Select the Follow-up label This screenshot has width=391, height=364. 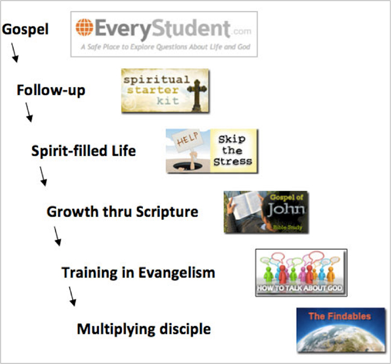(x=51, y=90)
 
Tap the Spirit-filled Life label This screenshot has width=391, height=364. (x=84, y=151)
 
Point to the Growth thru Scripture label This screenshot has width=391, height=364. (x=122, y=212)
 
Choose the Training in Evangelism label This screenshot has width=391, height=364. (x=138, y=272)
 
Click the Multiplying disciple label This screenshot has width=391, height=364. (x=144, y=329)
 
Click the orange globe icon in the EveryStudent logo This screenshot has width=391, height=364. (x=84, y=27)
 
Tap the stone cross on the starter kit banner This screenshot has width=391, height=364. (x=197, y=95)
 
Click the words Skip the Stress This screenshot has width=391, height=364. (x=233, y=151)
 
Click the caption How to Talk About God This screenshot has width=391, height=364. (x=299, y=288)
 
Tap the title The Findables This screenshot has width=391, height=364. (x=340, y=316)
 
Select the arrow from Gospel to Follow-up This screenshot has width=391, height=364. (x=15, y=52)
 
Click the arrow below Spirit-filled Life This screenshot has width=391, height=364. (x=43, y=176)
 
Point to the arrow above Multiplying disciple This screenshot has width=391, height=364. (x=72, y=296)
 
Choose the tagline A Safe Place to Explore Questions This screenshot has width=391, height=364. (x=165, y=47)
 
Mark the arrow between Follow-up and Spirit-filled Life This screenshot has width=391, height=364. (x=29, y=112)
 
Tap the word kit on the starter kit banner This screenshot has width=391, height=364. (x=168, y=100)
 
